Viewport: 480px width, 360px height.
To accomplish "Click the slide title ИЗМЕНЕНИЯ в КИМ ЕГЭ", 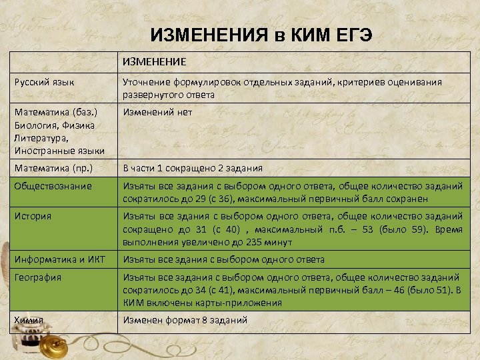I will pos(261,35).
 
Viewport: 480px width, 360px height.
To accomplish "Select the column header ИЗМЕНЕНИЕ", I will pos(154,63).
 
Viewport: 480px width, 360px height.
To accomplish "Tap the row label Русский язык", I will pos(44,82).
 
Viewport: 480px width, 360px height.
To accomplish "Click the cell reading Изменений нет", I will pos(157,113).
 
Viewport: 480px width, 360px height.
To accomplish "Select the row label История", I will pos(33,216).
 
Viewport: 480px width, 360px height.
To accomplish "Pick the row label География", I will pos(38,277).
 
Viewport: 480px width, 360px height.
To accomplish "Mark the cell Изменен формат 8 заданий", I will pos(184,320).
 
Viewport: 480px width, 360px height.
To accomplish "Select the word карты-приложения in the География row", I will pos(244,303).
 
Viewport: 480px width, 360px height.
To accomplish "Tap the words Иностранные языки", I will pos(59,151).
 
